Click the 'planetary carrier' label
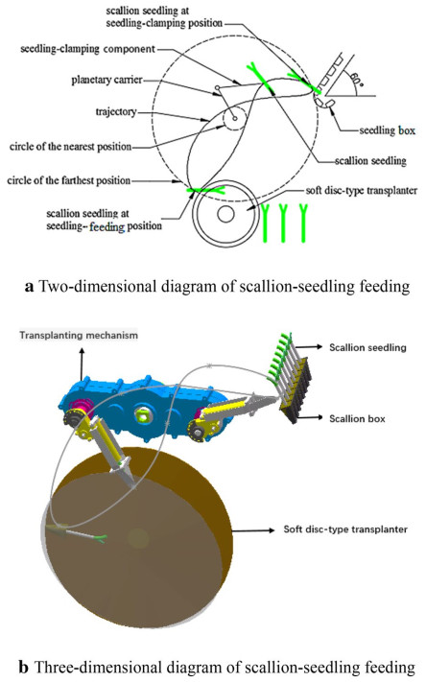(107, 80)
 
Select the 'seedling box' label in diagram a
(388, 130)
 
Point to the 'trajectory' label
(116, 112)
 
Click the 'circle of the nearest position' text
(70, 146)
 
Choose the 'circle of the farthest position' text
(69, 180)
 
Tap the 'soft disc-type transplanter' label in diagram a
(362, 191)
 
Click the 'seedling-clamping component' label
(87, 49)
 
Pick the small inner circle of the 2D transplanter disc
(225, 214)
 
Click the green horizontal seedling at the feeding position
(205, 190)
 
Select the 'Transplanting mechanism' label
(79, 336)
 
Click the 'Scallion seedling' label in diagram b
(367, 347)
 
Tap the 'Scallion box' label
(357, 419)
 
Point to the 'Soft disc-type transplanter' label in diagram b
(345, 529)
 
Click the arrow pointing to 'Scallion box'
(310, 418)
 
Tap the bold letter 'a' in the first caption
(29, 287)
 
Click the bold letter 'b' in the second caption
(24, 667)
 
